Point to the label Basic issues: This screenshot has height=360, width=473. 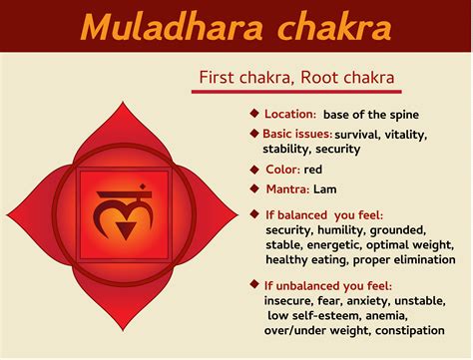(x=296, y=133)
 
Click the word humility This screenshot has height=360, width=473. (x=347, y=230)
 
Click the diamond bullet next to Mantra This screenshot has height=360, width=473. (x=254, y=186)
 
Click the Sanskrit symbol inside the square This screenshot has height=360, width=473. (x=123, y=190)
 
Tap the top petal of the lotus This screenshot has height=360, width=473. (x=122, y=95)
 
